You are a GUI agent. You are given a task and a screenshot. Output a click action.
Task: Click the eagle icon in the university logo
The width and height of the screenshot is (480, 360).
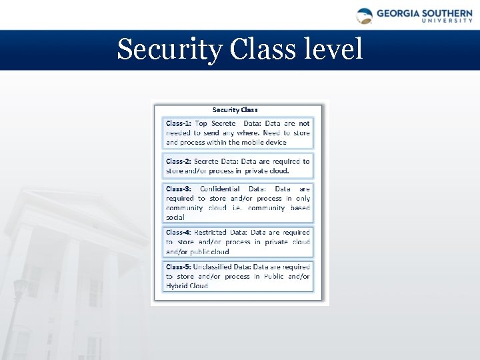pos(364,15)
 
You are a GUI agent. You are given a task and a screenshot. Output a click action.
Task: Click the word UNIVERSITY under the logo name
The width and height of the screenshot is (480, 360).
pos(448,20)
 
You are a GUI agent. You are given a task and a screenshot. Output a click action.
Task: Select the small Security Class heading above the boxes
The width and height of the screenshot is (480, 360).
pos(235,109)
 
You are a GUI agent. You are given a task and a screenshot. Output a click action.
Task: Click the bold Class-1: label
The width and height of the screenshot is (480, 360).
pos(179,123)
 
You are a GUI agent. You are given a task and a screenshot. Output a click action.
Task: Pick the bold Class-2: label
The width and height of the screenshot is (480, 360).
pos(179,161)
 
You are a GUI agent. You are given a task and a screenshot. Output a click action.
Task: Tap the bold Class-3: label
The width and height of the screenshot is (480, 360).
pos(179,189)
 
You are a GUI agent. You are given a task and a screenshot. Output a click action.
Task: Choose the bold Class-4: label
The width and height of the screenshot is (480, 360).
pos(179,232)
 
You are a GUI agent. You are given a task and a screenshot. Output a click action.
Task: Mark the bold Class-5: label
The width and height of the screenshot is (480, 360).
pos(179,267)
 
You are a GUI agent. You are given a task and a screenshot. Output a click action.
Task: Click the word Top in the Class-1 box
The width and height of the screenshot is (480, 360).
pos(201,123)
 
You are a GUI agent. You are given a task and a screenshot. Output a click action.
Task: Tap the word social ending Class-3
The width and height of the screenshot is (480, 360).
pos(175,217)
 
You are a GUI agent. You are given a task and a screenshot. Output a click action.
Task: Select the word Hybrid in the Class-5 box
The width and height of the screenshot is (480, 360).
pos(177,285)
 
